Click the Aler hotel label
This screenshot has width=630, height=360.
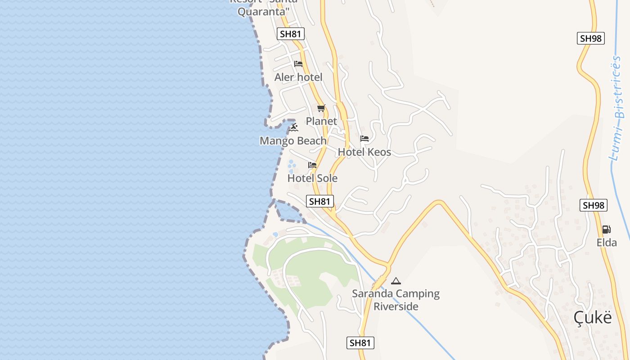pos(298,77)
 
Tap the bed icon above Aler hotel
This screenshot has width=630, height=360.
pos(298,64)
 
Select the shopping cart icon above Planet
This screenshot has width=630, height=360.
pos(321,108)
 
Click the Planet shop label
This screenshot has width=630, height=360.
pos(321,121)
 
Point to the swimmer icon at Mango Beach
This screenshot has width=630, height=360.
pos(293,128)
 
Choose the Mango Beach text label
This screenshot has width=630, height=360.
pos(293,141)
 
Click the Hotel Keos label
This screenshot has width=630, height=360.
pos(364,152)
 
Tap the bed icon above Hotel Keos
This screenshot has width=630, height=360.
pos(364,139)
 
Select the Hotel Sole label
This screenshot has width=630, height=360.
pos(312,178)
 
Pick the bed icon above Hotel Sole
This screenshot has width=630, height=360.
pos(312,165)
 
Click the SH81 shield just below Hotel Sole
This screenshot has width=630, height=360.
pos(320,201)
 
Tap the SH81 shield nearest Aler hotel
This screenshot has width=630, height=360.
pos(291,34)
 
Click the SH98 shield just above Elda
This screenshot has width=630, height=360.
pos(594,205)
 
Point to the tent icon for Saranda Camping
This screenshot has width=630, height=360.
pos(396,281)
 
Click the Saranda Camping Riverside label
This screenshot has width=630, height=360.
pos(396,300)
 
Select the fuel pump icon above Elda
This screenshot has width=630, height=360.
pos(607,229)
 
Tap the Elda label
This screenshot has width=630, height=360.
pos(607,243)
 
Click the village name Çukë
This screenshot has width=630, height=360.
pos(593,318)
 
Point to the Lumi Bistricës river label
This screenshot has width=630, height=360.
pos(619,108)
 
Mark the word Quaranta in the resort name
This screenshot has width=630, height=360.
pos(262,12)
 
